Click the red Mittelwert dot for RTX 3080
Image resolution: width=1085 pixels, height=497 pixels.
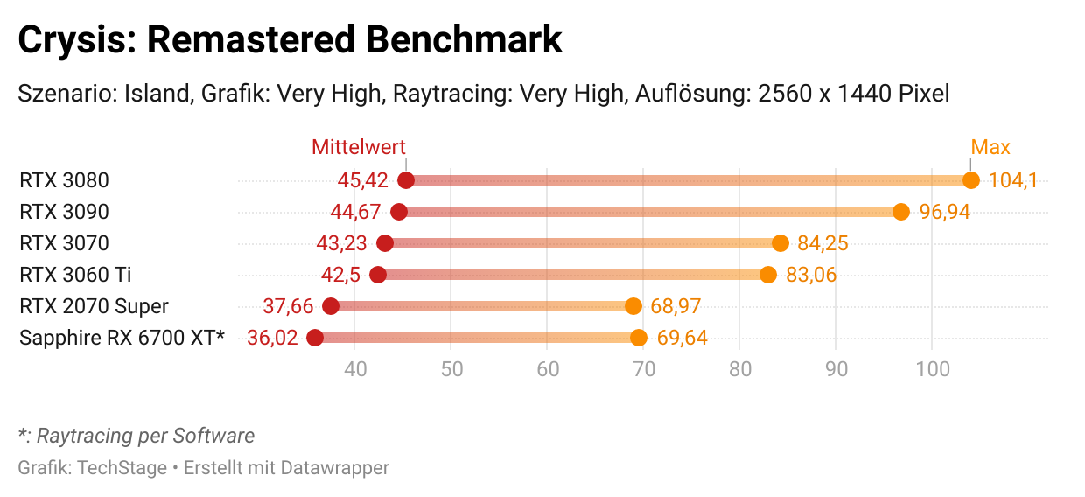coord(406,180)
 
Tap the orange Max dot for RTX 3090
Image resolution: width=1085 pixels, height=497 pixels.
coord(901,212)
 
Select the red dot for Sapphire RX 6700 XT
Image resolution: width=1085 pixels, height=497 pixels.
coord(315,338)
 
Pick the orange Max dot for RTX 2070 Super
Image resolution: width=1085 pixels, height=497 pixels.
coord(633,306)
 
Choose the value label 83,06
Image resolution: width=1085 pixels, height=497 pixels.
coord(811,275)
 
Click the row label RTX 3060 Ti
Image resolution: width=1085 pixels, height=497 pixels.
coord(75,275)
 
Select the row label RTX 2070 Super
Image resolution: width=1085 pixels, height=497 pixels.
coord(94,306)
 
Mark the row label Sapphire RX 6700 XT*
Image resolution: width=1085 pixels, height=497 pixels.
coord(122,338)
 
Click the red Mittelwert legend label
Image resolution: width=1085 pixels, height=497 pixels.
coord(359,147)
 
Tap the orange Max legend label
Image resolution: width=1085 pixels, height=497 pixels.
coord(990,147)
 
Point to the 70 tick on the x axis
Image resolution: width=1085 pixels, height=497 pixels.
coord(644,369)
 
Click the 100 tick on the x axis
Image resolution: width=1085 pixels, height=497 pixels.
coord(933,369)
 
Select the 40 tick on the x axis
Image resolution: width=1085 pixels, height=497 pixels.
coord(355,369)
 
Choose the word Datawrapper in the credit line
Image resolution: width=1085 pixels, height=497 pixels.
coord(334,468)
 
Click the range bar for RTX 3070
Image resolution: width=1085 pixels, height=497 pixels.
coord(582,243)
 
